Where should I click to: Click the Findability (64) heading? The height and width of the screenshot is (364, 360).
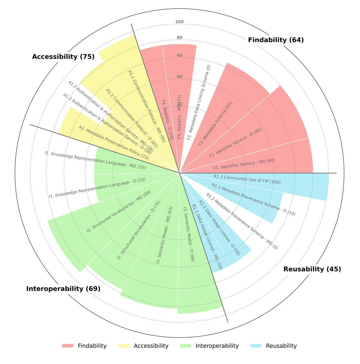[x=276, y=40]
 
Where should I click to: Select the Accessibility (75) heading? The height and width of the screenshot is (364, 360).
[x=63, y=57]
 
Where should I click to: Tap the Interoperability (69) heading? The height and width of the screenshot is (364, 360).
[x=63, y=289]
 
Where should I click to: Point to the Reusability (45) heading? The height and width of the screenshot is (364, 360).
[x=312, y=269]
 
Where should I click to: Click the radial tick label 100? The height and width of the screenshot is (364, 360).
[x=179, y=22]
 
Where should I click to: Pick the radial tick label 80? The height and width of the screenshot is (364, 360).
[x=179, y=38]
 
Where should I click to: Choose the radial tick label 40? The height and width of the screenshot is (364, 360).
[x=179, y=77]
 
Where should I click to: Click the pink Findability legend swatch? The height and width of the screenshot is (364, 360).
[x=67, y=346]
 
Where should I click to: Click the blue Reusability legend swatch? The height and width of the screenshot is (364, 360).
[x=256, y=346]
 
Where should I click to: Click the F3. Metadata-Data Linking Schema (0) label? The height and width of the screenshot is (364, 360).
[x=199, y=103]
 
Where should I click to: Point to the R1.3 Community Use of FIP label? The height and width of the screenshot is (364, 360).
[x=247, y=179]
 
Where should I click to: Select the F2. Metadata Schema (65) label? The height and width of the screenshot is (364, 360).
[x=215, y=124]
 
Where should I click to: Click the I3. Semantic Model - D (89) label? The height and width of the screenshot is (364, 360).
[x=189, y=234]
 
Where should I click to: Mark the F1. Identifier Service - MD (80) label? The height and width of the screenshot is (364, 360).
[x=244, y=164]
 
